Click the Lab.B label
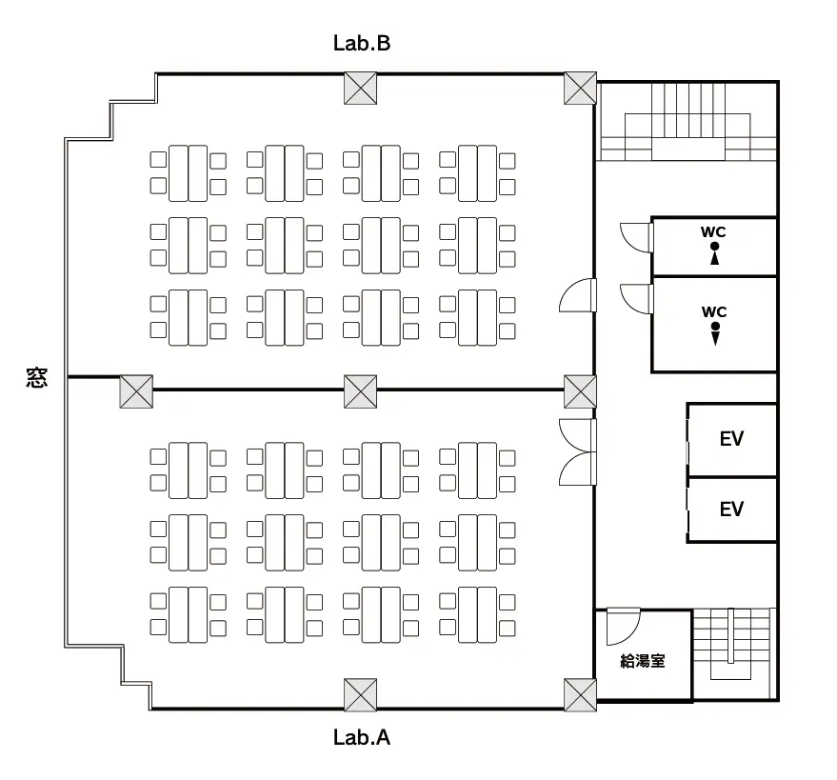pyautogui.click(x=362, y=43)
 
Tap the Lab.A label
pyautogui.click(x=362, y=737)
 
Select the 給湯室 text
pyautogui.click(x=642, y=661)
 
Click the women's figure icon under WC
pyautogui.click(x=714, y=253)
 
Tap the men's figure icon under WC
pyautogui.click(x=714, y=333)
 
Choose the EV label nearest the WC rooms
pyautogui.click(x=731, y=439)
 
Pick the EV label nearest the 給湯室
pyautogui.click(x=731, y=510)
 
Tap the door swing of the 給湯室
pyautogui.click(x=624, y=625)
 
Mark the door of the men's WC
pyautogui.click(x=635, y=298)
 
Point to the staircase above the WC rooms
pyautogui.click(x=688, y=122)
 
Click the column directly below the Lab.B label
pyautogui.click(x=361, y=89)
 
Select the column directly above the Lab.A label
pyautogui.click(x=361, y=694)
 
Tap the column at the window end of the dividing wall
pyautogui.click(x=136, y=391)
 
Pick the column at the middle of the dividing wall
pyautogui.click(x=360, y=391)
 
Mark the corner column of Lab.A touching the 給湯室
pyautogui.click(x=580, y=694)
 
